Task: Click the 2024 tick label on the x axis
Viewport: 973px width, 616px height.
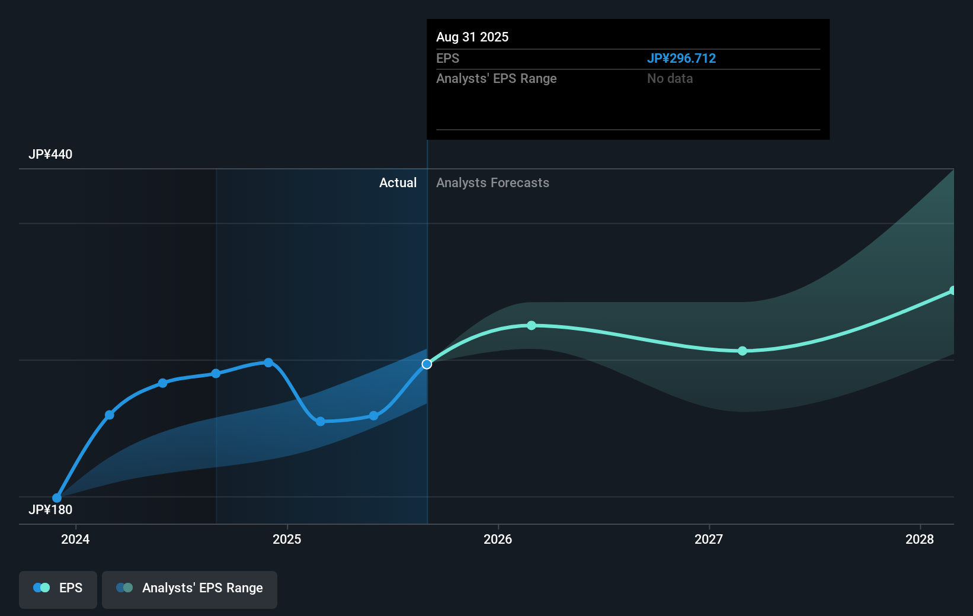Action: pyautogui.click(x=75, y=539)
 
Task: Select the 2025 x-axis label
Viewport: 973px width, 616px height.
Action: pyautogui.click(x=287, y=539)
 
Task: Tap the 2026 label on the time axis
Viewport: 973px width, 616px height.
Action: pyautogui.click(x=498, y=539)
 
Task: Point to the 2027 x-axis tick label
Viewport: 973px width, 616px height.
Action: pyautogui.click(x=709, y=539)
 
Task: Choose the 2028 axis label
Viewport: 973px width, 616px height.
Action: pyautogui.click(x=920, y=539)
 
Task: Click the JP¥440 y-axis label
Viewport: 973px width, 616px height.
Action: pyautogui.click(x=50, y=155)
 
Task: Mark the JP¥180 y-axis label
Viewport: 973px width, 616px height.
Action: pyautogui.click(x=50, y=510)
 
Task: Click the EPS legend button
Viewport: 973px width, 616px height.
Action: pyautogui.click(x=58, y=588)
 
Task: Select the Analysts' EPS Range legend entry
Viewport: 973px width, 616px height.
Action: pyautogui.click(x=190, y=588)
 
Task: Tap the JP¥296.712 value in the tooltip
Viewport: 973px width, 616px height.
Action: pyautogui.click(x=681, y=59)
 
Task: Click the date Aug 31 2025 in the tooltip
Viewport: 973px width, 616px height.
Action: pyautogui.click(x=472, y=37)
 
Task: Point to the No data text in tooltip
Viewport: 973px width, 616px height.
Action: pyautogui.click(x=670, y=79)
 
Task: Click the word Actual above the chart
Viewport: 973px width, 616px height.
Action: pyautogui.click(x=398, y=183)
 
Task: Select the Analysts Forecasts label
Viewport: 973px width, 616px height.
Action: pyautogui.click(x=492, y=183)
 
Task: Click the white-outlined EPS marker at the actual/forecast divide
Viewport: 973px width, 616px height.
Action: pyautogui.click(x=427, y=364)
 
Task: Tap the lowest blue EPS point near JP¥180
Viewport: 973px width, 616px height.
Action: pyautogui.click(x=57, y=498)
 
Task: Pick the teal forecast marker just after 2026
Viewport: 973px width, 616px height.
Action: pyautogui.click(x=532, y=325)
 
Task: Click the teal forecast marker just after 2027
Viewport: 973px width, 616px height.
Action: pyautogui.click(x=742, y=351)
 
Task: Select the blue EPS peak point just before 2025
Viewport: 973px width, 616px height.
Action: pyautogui.click(x=268, y=362)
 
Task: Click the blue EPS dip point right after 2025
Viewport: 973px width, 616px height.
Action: pyautogui.click(x=321, y=422)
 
